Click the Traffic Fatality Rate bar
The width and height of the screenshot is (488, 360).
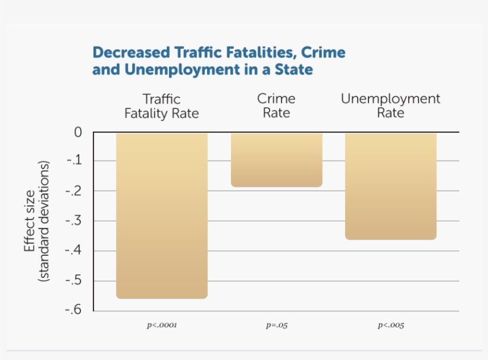click(162, 215)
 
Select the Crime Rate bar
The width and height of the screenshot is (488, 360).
click(276, 159)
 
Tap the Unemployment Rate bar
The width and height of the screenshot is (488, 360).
click(390, 186)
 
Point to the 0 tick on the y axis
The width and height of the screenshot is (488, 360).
click(78, 132)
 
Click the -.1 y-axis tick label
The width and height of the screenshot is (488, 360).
click(74, 161)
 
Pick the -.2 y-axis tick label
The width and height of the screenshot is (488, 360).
click(74, 191)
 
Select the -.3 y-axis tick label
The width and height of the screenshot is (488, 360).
click(74, 221)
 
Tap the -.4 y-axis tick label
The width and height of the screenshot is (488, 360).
click(74, 251)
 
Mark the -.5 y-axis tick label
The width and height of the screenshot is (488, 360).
click(74, 281)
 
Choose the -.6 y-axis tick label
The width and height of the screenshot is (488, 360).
click(74, 311)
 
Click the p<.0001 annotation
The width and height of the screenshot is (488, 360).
click(162, 326)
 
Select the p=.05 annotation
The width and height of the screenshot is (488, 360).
click(277, 326)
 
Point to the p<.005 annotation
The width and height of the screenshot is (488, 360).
click(390, 326)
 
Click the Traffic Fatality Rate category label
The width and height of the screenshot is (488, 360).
click(162, 106)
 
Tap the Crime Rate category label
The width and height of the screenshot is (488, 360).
click(276, 105)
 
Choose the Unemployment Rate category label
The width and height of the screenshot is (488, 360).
click(390, 105)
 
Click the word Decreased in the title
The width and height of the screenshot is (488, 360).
click(130, 52)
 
